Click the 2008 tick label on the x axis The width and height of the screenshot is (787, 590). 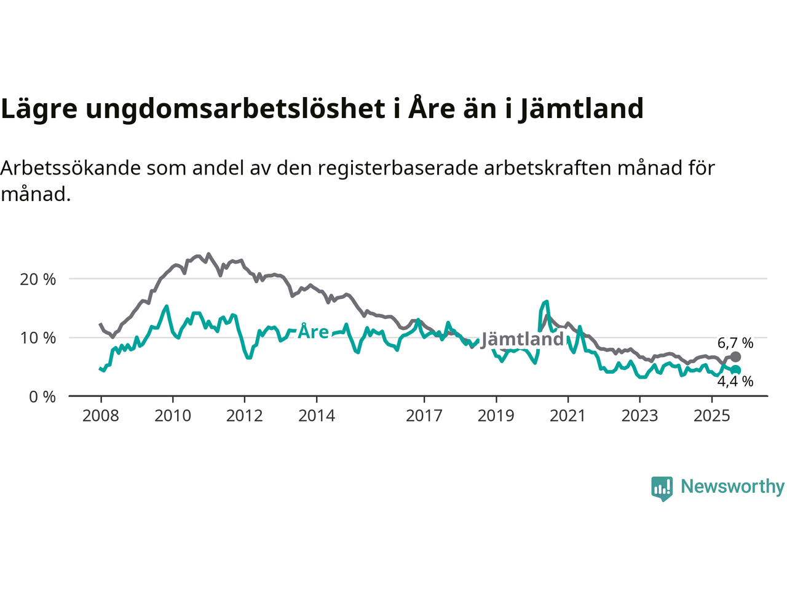pyautogui.click(x=101, y=416)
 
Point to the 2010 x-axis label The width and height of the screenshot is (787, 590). pyautogui.click(x=173, y=416)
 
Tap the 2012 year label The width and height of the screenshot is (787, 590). pyautogui.click(x=245, y=416)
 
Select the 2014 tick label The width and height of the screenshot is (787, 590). pyautogui.click(x=317, y=416)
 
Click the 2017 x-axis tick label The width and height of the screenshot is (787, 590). pyautogui.click(x=424, y=416)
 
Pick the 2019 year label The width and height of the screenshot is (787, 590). pyautogui.click(x=496, y=416)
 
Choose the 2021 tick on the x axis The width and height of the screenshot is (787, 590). pyautogui.click(x=568, y=416)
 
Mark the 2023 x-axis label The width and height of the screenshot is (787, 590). pyautogui.click(x=639, y=416)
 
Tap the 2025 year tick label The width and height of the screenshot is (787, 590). pyautogui.click(x=712, y=416)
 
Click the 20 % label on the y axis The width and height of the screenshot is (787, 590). pyautogui.click(x=38, y=280)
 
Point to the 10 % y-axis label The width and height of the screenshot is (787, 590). pyautogui.click(x=38, y=338)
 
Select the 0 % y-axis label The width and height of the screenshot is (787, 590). pyautogui.click(x=42, y=397)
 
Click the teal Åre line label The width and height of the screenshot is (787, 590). pyautogui.click(x=313, y=332)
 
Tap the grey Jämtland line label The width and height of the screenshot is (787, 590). pyautogui.click(x=522, y=339)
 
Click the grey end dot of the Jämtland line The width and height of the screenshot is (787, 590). pyautogui.click(x=735, y=357)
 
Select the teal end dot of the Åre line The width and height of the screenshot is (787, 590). pyautogui.click(x=735, y=370)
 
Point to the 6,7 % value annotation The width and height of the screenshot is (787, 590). pyautogui.click(x=735, y=343)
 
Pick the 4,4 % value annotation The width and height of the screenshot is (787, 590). pyautogui.click(x=735, y=382)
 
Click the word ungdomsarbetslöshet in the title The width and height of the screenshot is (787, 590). pyautogui.click(x=233, y=109)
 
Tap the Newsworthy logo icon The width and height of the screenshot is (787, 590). pyautogui.click(x=662, y=488)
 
